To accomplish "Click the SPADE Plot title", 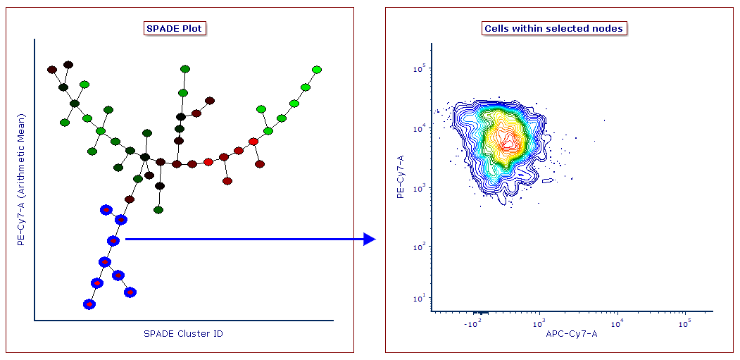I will tap(175, 29).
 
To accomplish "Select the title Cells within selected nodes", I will tap(553, 29).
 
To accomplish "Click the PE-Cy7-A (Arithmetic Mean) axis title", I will tap(21, 179).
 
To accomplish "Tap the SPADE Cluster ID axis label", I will tap(183, 333).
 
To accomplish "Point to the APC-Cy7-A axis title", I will tap(571, 333).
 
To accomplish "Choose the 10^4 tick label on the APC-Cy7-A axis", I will tap(617, 323).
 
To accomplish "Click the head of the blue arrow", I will tap(370, 240).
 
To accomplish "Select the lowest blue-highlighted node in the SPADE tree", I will tap(89, 304).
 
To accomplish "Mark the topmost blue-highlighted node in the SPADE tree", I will tap(106, 209).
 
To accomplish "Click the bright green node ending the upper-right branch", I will tap(317, 70).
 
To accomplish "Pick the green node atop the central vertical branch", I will tap(185, 69).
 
